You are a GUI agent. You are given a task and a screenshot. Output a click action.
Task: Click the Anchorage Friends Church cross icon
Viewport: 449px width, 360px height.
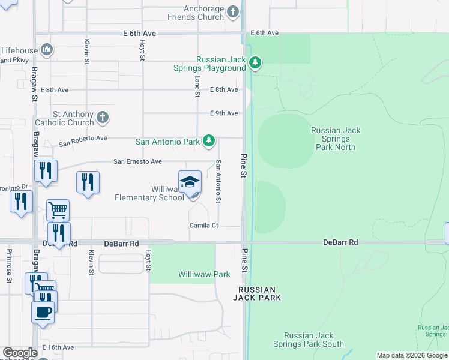click(x=234, y=11)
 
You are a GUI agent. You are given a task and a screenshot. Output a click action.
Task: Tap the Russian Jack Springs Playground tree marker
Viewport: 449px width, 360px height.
click(x=255, y=63)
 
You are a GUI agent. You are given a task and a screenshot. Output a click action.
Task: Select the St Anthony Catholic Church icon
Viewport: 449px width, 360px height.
click(x=103, y=117)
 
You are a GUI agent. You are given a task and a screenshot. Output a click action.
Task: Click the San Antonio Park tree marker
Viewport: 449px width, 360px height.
click(x=208, y=141)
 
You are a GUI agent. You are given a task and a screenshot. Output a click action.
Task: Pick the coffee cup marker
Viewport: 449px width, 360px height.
click(x=43, y=312)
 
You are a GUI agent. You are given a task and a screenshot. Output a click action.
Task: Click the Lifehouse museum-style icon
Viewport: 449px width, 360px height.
click(x=47, y=49)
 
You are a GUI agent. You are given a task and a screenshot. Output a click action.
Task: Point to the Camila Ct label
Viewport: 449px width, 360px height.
click(x=204, y=226)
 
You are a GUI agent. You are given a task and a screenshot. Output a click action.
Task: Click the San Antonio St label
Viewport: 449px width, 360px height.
click(x=218, y=181)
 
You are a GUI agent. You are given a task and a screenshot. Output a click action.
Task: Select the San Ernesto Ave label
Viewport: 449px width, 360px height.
click(x=138, y=161)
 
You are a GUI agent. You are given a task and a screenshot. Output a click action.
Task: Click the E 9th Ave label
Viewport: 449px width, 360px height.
click(x=224, y=113)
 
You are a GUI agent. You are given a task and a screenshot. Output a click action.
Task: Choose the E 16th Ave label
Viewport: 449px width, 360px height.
click(x=58, y=347)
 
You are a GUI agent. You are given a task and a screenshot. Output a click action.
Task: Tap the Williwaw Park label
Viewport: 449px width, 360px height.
click(x=204, y=274)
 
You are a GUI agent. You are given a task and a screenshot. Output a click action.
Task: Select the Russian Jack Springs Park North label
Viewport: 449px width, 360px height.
click(x=336, y=139)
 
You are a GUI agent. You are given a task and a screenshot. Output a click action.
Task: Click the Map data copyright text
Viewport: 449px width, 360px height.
click(x=412, y=355)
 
